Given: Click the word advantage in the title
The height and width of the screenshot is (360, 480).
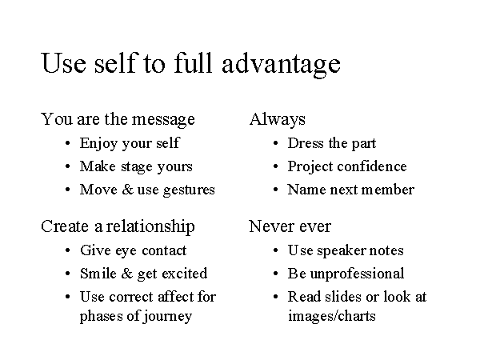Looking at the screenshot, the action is [281, 65].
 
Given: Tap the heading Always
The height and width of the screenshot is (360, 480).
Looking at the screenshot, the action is [278, 120].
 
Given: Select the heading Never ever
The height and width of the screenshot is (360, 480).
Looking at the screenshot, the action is [290, 226].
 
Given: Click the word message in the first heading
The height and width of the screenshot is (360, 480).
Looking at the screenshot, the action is [163, 120].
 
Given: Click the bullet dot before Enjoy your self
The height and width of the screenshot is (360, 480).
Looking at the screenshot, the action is [68, 143].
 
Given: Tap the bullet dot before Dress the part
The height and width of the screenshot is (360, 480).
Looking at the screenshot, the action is [275, 143].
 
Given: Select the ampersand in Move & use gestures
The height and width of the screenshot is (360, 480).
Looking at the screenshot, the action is [127, 189].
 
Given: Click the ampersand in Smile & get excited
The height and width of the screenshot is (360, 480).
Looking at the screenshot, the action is [127, 274].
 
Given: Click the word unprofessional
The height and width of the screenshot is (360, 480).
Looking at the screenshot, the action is [358, 274].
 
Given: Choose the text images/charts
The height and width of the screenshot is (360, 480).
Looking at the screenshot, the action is [332, 316].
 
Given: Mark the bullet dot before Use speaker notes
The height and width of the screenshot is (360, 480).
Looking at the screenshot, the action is [275, 250].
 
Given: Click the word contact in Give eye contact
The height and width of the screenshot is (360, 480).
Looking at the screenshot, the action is [164, 250].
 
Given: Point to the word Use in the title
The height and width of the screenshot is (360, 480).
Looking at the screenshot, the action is [63, 63].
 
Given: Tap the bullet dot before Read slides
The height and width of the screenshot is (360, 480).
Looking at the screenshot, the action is [275, 297].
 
